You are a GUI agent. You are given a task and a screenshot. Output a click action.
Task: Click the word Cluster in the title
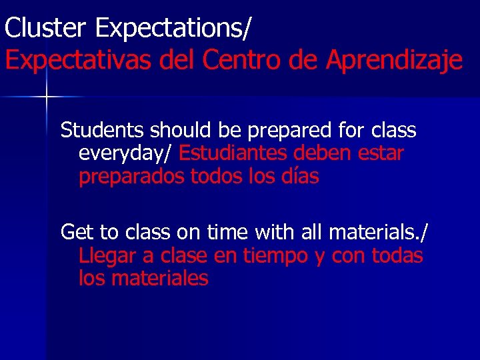tap(46, 29)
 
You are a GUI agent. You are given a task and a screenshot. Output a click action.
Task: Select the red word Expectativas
tap(79, 61)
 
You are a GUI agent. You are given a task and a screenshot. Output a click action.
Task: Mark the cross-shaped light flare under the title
tap(46, 97)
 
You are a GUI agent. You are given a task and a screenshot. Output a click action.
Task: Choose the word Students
tap(103, 130)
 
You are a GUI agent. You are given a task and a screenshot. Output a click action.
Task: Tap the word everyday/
tap(126, 155)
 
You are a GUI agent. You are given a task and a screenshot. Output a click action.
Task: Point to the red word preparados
tap(131, 178)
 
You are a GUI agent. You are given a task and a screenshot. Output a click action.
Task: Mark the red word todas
tap(397, 255)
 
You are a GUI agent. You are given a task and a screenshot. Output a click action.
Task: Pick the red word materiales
tap(159, 278)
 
